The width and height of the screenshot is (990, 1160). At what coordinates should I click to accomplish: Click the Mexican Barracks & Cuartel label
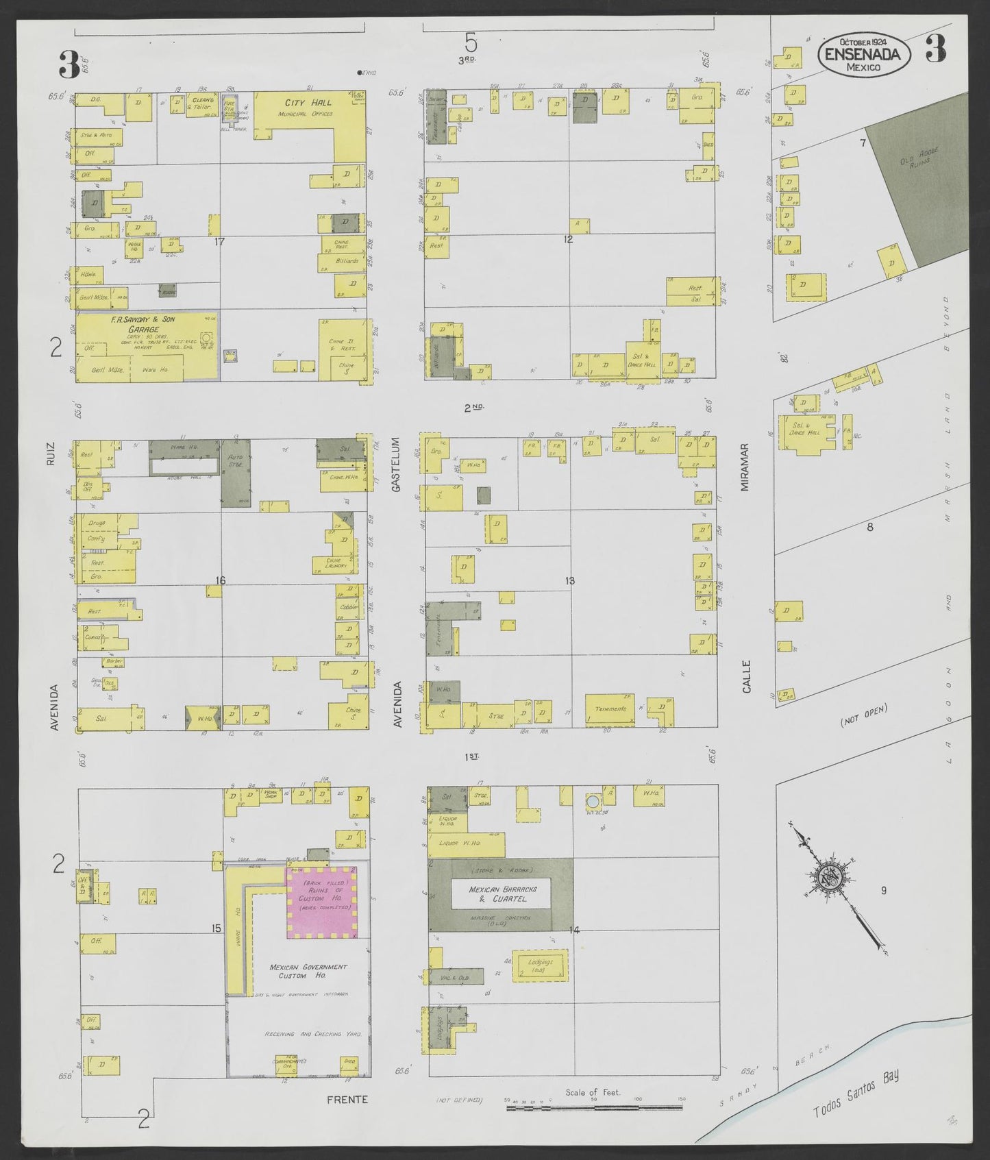pos(503,893)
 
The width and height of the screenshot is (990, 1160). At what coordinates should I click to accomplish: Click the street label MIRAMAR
pos(745,467)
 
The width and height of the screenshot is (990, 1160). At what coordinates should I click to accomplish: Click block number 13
pos(569,580)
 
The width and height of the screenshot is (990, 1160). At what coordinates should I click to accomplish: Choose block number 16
pos(219,580)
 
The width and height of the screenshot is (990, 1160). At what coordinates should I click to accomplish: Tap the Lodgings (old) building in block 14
pos(540,965)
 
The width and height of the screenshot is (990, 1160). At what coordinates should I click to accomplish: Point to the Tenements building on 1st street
pos(610,709)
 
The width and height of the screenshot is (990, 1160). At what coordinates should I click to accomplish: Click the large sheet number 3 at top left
pos(69,65)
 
